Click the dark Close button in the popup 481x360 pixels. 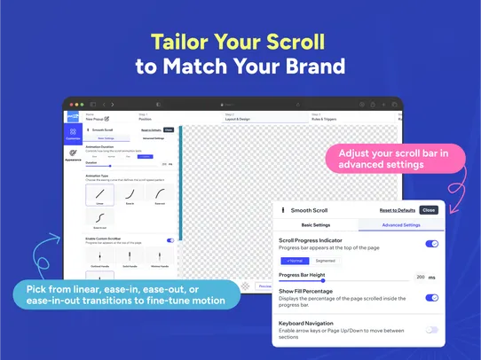[429, 210]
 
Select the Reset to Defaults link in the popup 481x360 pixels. [398, 210]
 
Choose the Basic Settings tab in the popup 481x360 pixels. [317, 225]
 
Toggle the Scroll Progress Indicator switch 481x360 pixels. [431, 243]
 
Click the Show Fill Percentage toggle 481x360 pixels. [431, 297]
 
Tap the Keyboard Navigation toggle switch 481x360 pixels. [431, 329]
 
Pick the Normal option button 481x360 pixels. [295, 261]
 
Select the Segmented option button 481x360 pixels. [326, 261]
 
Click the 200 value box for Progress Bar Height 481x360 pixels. [421, 278]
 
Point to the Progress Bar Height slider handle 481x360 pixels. [311, 280]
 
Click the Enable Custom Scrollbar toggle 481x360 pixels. [170, 240]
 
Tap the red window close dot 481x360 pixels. [69, 105]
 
